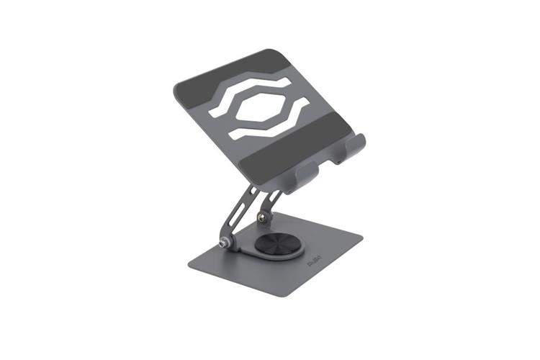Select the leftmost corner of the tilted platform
point(176,89)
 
